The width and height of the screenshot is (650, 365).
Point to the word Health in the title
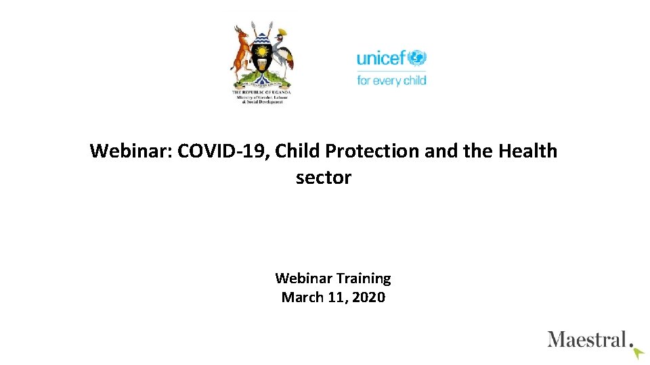[x=527, y=151]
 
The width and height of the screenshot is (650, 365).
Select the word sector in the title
[x=324, y=178]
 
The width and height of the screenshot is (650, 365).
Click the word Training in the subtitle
[x=364, y=278]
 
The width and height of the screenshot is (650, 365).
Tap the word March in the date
[x=303, y=297]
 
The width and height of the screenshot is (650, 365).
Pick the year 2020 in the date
[x=369, y=297]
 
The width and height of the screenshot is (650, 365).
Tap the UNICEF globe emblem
[x=416, y=58]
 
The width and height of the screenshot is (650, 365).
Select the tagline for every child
[x=391, y=80]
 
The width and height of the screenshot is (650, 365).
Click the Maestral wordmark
[x=586, y=339]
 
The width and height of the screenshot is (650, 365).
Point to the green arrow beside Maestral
[x=637, y=352]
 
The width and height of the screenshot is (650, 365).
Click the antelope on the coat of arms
[x=238, y=51]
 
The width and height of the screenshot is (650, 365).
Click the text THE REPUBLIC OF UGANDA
[x=261, y=91]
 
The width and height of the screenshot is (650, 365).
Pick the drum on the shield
[x=261, y=65]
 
